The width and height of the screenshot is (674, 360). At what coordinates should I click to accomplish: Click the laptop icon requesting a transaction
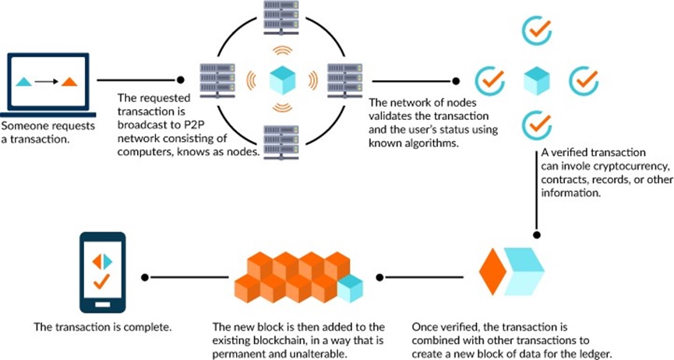46,84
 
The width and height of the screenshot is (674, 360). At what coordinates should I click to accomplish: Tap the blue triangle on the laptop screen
26,81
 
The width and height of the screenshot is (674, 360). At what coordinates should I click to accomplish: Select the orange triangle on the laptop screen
69,81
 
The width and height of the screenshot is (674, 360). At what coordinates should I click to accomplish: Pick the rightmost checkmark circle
583,79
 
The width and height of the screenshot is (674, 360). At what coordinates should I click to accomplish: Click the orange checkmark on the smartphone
102,283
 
